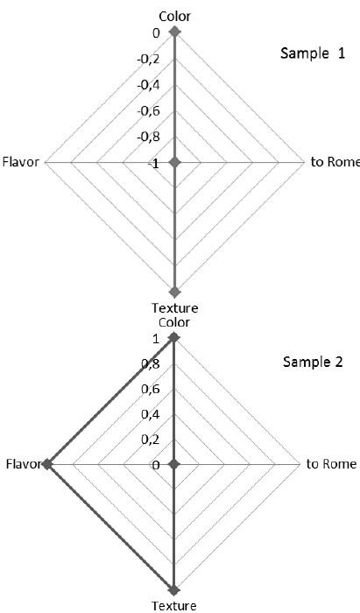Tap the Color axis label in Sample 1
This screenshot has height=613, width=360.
pos(174,16)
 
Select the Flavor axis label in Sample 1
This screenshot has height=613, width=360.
pos(21,162)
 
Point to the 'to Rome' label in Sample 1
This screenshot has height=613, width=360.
pos(334,162)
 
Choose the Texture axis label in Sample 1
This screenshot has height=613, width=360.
pos(174,307)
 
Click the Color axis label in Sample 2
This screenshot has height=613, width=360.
pos(174,322)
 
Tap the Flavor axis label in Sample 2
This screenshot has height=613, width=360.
pos(21,464)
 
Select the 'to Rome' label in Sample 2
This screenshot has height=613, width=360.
pos(332,464)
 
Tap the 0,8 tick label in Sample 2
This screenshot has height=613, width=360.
pos(150,364)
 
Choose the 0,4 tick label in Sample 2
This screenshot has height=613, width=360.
pos(150,415)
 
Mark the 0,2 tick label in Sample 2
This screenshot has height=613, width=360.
pos(150,440)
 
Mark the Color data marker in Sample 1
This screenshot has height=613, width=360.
pos(174,32)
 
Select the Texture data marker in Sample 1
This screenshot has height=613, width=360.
pos(174,292)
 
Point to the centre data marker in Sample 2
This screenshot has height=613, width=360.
pos(174,464)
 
